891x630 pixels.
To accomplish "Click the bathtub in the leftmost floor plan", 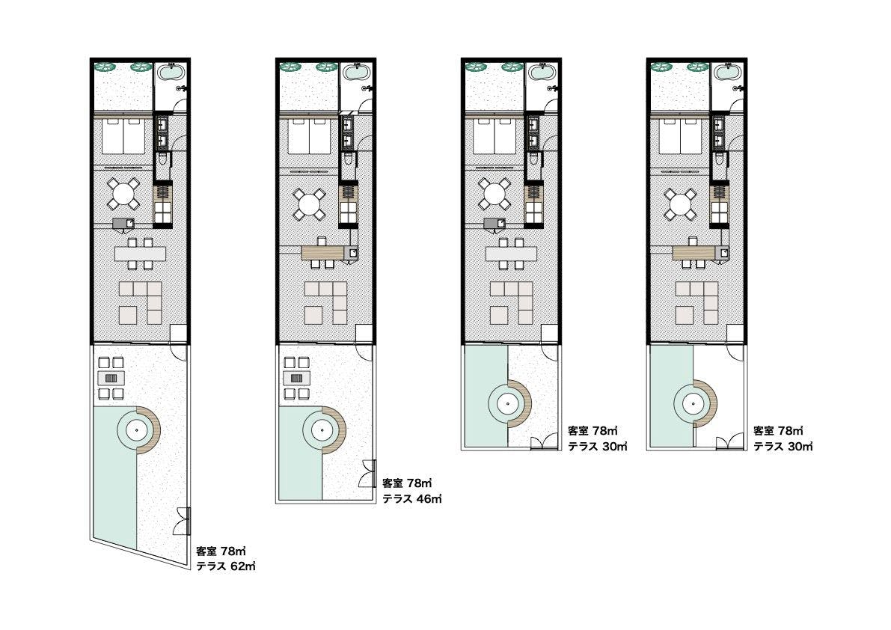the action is pos(169,73).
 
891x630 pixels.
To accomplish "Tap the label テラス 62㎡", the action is pos(226,566).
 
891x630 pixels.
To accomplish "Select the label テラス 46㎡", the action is pos(412,499).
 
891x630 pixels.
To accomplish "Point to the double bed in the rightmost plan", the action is pos(679,135).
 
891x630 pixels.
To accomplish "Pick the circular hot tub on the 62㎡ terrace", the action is pos(136,430).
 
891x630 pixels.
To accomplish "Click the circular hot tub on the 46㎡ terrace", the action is pos(322,430).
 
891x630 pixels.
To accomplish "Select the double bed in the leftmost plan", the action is pos(123,135).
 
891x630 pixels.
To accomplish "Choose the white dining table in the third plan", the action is pos(512,254).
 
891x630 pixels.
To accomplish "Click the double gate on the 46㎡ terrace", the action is pos(367,473).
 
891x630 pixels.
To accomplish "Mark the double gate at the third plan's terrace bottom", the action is pos(545,442).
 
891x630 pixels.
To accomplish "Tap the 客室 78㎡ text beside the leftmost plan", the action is pos(221,551).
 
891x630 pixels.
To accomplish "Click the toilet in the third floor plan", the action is pos(533,159).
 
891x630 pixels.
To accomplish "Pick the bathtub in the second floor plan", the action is pos(355,73).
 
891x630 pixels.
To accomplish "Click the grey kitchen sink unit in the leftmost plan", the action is pos(123,224).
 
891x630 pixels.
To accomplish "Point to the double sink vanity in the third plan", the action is pos(533,132).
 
